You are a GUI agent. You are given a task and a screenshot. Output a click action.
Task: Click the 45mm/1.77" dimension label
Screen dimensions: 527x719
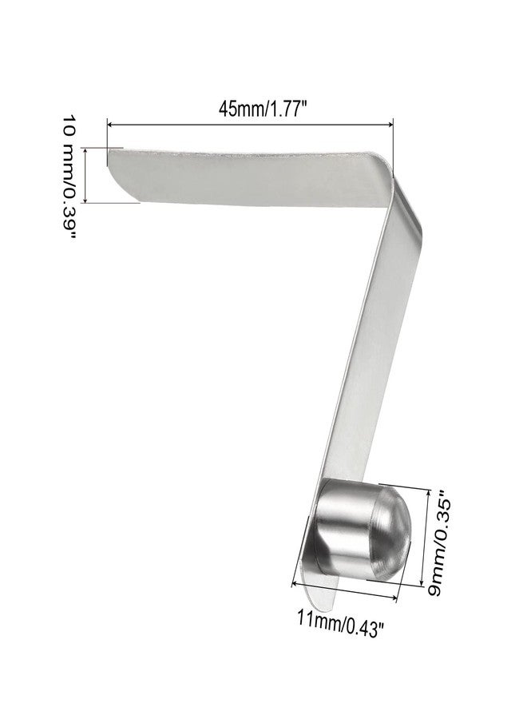coord(262,109)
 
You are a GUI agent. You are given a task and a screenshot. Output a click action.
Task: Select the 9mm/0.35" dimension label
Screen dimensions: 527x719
coord(438,543)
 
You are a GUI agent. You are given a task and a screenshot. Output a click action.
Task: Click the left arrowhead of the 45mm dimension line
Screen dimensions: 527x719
coord(110,124)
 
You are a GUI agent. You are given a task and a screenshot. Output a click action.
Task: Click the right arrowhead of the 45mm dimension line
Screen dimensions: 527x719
coord(390,124)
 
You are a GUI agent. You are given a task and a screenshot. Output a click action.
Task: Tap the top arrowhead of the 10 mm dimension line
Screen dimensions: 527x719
coord(85,150)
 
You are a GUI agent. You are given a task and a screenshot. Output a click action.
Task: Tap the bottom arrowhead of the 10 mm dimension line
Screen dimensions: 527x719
coord(85,200)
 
